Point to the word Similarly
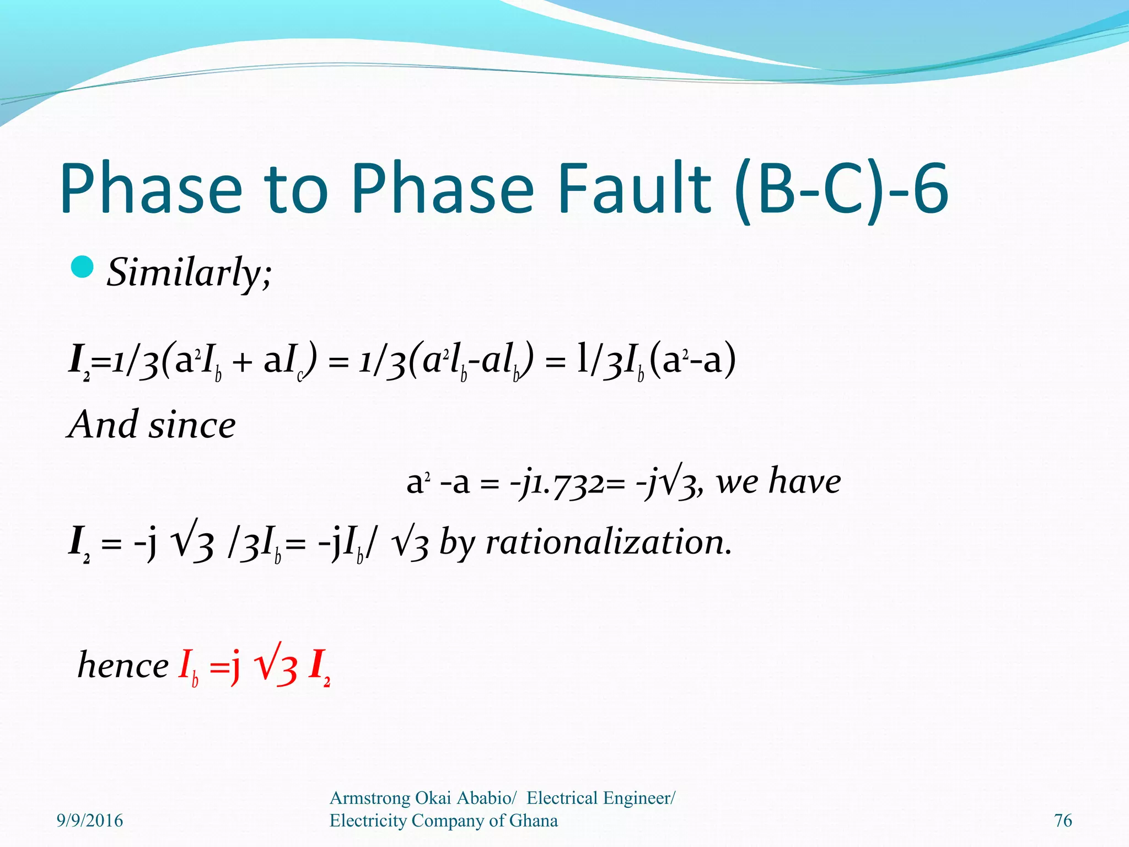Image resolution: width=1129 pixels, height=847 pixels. coord(189,272)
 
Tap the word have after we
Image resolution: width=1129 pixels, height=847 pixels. coord(805,481)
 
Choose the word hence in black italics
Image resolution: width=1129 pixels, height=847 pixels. coord(123,666)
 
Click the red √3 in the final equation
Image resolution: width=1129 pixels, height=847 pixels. coord(276,666)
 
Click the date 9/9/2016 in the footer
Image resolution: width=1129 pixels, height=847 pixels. coord(90,821)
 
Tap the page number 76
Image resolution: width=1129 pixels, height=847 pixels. coord(1063,821)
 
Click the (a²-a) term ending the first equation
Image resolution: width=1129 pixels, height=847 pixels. coord(693,361)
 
